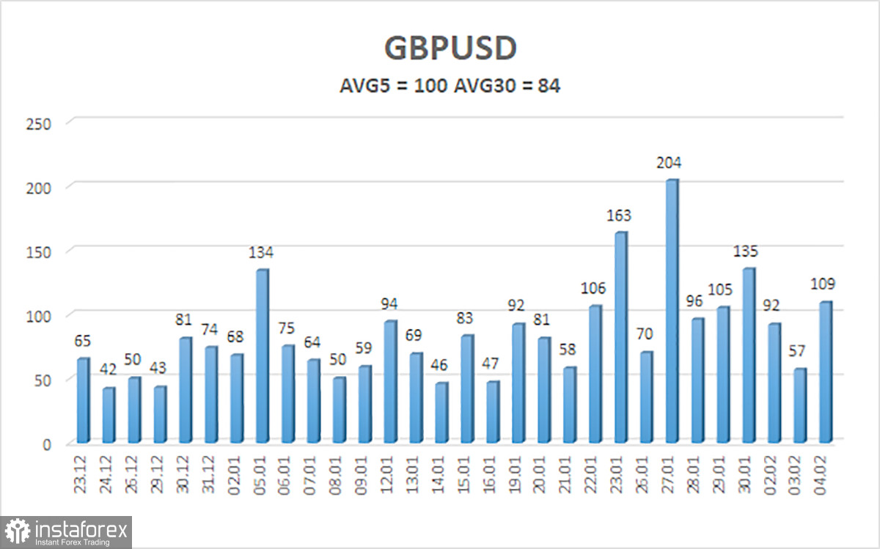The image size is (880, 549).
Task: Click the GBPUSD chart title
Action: pos(450,48)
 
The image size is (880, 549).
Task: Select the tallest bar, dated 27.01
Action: pos(671,312)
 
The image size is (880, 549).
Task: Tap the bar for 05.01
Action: pos(261,356)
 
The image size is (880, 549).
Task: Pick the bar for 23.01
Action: pos(620,337)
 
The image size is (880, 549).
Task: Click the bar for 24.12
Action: pos(108,415)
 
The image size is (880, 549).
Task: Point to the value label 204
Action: pos(671,163)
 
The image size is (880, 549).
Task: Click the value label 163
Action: pos(620,216)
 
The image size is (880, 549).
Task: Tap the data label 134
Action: pos(261,253)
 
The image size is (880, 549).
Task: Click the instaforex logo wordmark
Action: pos(81,527)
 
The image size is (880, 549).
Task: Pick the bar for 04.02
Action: pos(825,372)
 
